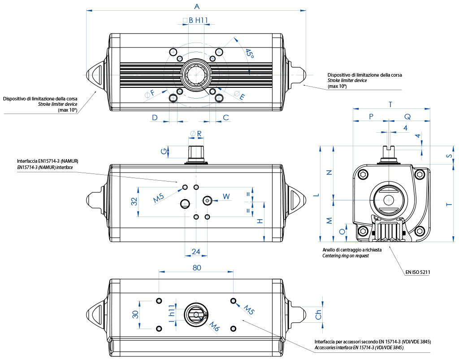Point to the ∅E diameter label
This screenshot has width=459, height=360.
click(240, 95)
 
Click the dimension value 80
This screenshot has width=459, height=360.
click(196, 267)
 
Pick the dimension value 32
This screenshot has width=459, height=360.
click(134, 202)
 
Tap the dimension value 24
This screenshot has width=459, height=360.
click(196, 252)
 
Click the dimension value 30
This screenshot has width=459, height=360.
click(134, 314)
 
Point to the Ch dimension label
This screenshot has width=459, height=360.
click(319, 315)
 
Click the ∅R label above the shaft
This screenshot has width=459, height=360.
click(196, 133)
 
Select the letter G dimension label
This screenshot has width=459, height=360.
click(164, 151)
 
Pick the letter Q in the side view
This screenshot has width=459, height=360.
click(407, 116)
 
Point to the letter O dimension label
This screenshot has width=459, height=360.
click(342, 231)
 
